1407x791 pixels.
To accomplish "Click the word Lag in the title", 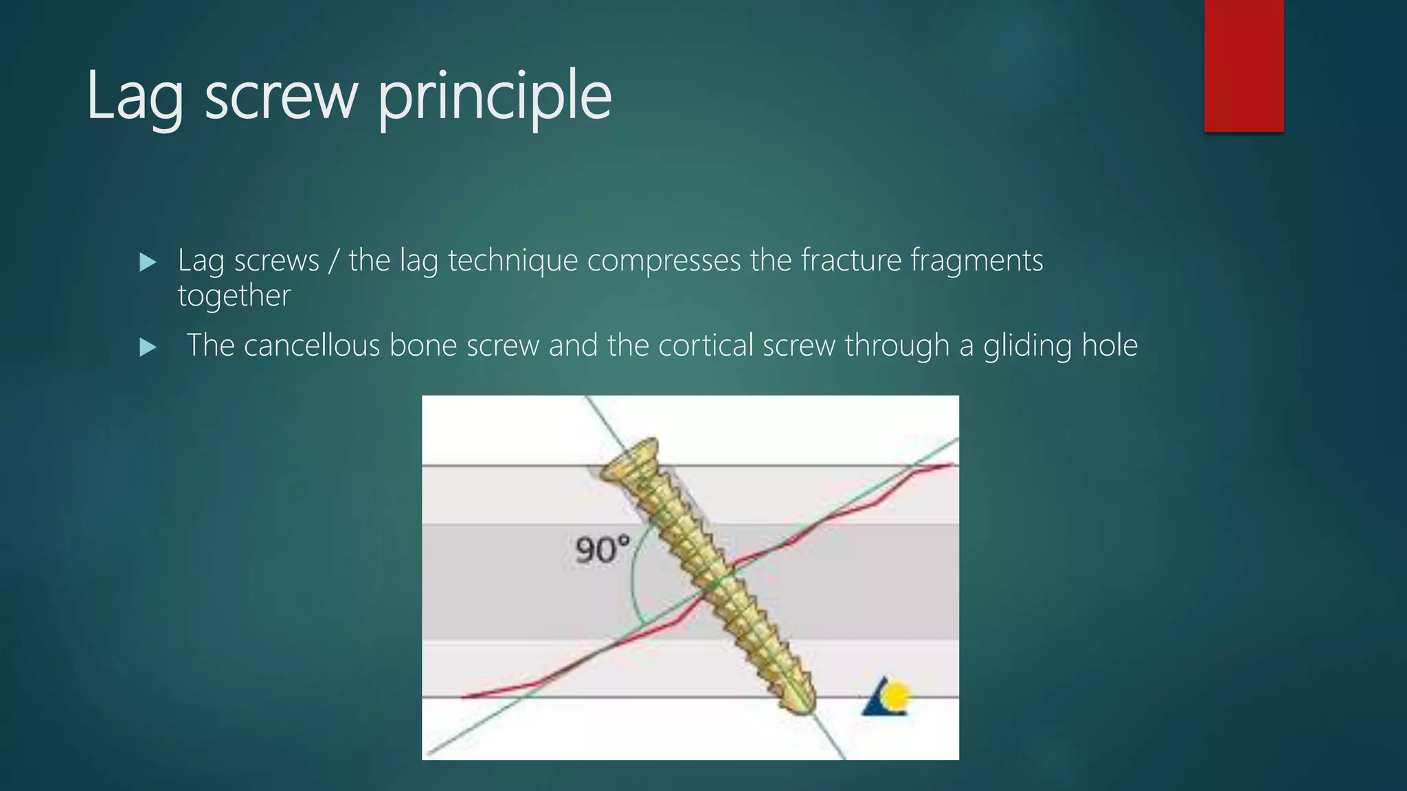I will pyautogui.click(x=135, y=98).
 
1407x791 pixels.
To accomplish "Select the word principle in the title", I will pyautogui.click(x=495, y=98).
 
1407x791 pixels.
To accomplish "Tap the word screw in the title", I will pyautogui.click(x=281, y=98).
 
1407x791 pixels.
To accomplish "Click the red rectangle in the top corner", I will pyautogui.click(x=1243, y=65).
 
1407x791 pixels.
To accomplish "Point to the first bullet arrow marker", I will pyautogui.click(x=148, y=262).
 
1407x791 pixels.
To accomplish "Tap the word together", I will pyautogui.click(x=234, y=296).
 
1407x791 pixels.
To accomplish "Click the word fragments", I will pyautogui.click(x=976, y=261).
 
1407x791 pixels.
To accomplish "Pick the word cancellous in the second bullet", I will pyautogui.click(x=311, y=345).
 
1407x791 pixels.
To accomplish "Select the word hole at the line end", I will pyautogui.click(x=1110, y=345).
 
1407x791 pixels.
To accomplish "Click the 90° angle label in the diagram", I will pyautogui.click(x=602, y=550).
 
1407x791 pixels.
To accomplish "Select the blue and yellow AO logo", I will pyautogui.click(x=886, y=697).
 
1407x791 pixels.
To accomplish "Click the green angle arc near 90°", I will pyautogui.click(x=633, y=584).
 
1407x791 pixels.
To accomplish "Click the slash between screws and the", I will pyautogui.click(x=333, y=261).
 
